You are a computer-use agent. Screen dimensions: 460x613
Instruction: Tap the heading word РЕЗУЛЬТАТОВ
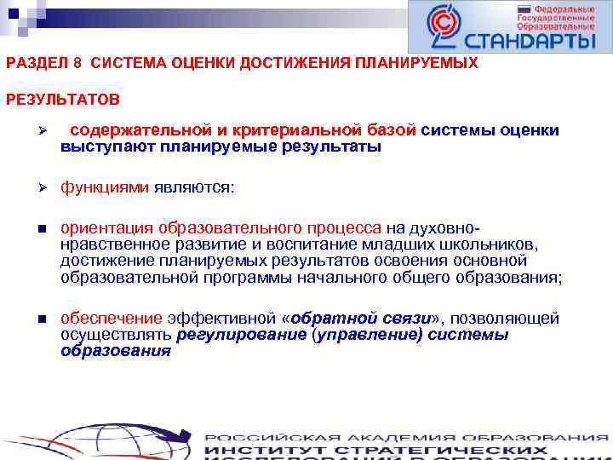tap(63, 101)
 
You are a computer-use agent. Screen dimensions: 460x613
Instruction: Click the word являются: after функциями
tap(193, 187)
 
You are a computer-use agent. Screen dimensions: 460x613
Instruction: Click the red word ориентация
tap(106, 227)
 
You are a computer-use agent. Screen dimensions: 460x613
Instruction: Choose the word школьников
tap(493, 244)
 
